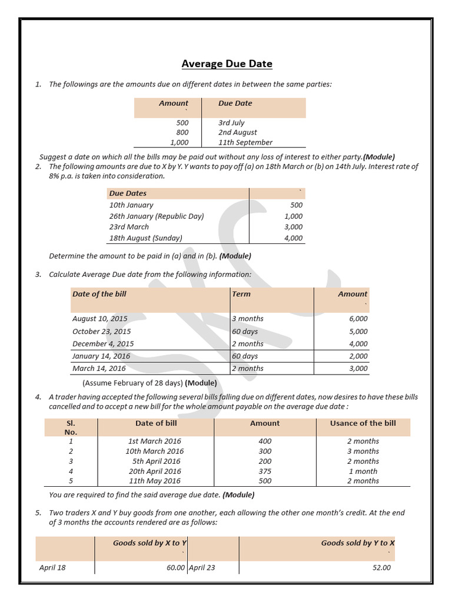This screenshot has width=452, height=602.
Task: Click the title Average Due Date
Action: [x=227, y=63]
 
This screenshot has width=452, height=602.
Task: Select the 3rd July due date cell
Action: [x=231, y=123]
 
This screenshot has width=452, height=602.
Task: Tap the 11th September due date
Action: [x=245, y=142]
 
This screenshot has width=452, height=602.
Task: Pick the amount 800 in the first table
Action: [x=182, y=133]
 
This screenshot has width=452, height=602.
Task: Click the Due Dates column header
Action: [x=128, y=193]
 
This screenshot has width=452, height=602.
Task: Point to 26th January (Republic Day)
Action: [x=157, y=216]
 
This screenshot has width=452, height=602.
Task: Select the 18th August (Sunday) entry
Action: [x=146, y=238]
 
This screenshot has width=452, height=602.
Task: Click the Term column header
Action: [x=241, y=294]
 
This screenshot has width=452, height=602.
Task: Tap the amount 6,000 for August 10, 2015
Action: [x=358, y=319]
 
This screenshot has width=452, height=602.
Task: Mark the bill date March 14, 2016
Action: [x=99, y=369]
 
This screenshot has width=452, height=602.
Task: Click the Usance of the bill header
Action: [x=363, y=423]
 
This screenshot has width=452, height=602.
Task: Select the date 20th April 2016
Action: [x=156, y=471]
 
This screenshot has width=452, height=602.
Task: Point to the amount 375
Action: [x=265, y=471]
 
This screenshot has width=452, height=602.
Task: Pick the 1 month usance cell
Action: [x=363, y=471]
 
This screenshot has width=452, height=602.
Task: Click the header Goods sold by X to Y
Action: [x=149, y=543]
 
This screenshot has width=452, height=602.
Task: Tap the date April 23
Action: [x=202, y=568]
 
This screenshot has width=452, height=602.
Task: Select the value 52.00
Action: [x=381, y=568]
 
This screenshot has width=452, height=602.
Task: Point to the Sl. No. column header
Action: [x=71, y=427]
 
